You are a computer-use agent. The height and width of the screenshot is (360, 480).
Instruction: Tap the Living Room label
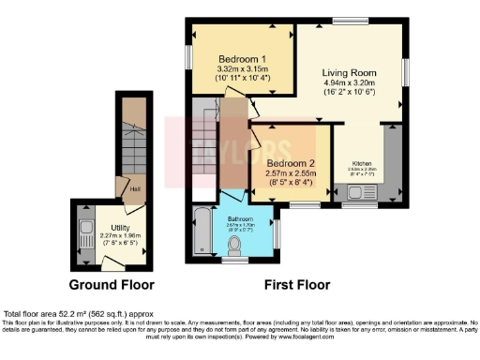click(x=351, y=73)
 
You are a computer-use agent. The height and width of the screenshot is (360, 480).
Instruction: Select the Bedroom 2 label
click(x=288, y=163)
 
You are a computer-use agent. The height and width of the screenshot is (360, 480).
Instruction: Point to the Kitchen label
click(x=364, y=163)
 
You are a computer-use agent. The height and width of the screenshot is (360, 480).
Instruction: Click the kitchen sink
click(x=357, y=194)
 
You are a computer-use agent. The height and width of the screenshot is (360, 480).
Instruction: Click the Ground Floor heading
click(x=112, y=284)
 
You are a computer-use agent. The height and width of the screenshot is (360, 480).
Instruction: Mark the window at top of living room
click(x=355, y=19)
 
